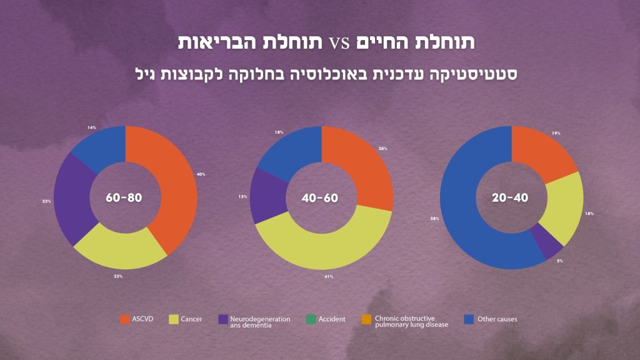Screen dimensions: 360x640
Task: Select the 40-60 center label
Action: pyautogui.click(x=320, y=198)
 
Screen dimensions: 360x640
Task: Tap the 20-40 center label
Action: pyautogui.click(x=511, y=198)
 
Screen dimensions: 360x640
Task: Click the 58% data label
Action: pyautogui.click(x=434, y=219)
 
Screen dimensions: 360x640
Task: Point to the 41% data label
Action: pyautogui.click(x=329, y=276)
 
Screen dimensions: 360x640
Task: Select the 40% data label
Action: pyautogui.click(x=201, y=174)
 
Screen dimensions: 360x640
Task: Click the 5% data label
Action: pyautogui.click(x=560, y=261)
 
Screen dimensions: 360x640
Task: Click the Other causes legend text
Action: pyautogui.click(x=497, y=319)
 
